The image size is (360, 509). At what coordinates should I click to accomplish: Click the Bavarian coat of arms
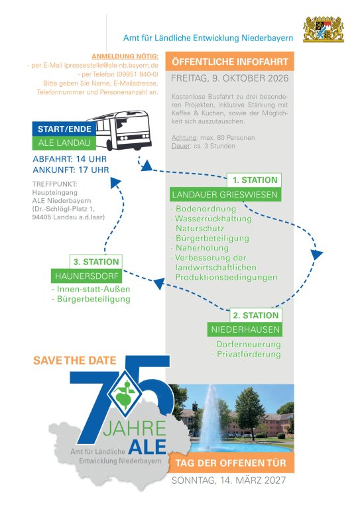pos(324,29)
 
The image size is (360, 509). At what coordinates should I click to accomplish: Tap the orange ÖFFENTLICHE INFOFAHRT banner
pos(230,62)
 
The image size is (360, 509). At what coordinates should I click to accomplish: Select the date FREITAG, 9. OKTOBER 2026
pos(230,78)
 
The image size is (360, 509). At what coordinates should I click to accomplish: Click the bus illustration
pos(120,131)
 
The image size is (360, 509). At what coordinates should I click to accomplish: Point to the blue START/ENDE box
pos(64,129)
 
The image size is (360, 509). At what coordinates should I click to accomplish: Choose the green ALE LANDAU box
pos(64,143)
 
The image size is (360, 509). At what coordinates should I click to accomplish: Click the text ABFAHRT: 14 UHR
pos(70,159)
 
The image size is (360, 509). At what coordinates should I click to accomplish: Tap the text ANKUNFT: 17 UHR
pos(71,170)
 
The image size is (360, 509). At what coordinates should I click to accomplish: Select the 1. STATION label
pos(255,180)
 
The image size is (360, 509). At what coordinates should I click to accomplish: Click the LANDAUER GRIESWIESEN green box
pos(225,194)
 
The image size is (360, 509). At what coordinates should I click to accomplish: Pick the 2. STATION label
pos(256,315)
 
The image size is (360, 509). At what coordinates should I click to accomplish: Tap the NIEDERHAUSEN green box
pos(245,329)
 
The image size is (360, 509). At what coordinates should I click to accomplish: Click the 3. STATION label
pos(96,262)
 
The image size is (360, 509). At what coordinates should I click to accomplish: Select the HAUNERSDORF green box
pos(87,276)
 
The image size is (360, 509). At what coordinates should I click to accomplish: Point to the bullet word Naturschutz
pos(200,229)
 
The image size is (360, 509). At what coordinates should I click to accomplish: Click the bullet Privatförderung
pos(249,354)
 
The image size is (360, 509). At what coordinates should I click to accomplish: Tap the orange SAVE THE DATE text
pos(75,361)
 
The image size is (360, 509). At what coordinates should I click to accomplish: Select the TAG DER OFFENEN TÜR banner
pos(231,463)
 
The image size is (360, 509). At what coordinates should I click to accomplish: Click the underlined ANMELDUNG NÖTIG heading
pos(125,56)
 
